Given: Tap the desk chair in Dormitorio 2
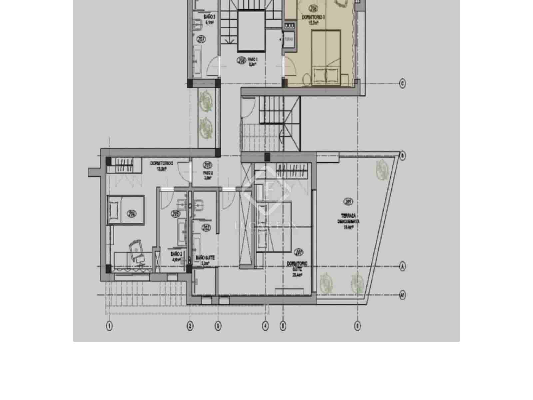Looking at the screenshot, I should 137,249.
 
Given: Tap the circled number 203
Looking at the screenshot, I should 208,165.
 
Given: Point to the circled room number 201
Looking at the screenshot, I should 298,252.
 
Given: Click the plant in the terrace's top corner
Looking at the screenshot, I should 381,169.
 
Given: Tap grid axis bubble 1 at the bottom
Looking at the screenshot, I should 109,326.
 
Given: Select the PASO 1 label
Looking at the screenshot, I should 253,62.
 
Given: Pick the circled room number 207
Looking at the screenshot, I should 201,39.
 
